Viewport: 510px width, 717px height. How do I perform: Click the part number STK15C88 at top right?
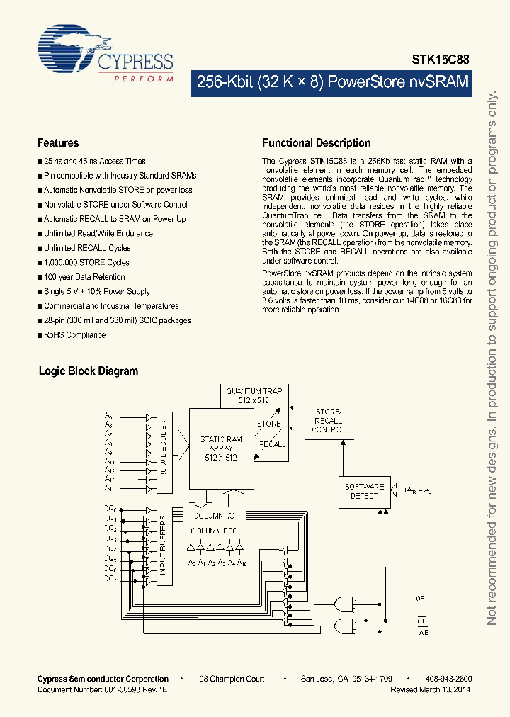[x=441, y=62]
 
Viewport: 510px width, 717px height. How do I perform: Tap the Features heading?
[x=58, y=143]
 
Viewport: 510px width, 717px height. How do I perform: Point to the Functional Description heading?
[x=316, y=143]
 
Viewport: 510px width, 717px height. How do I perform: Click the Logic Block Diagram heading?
[x=89, y=371]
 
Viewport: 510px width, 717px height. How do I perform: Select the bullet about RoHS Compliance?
[x=74, y=335]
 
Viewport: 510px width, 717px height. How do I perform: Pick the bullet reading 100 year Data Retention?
[x=84, y=277]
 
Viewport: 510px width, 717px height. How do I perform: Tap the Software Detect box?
[x=364, y=491]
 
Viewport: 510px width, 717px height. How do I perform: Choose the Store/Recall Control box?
[x=328, y=420]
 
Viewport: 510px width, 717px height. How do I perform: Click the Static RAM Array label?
[x=221, y=448]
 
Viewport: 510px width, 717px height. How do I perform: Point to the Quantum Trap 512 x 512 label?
[x=253, y=395]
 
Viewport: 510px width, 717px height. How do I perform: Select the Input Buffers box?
[x=164, y=545]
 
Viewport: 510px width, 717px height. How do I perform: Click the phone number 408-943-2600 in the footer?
[x=449, y=679]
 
